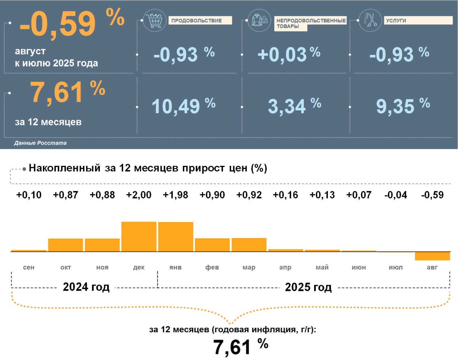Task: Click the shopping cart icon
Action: pyautogui.click(x=154, y=21)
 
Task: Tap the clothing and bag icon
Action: pyautogui.click(x=259, y=20)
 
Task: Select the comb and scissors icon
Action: pyautogui.click(x=370, y=20)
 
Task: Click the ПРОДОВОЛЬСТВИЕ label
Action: pyautogui.click(x=197, y=21)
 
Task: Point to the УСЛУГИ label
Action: pyautogui.click(x=396, y=21)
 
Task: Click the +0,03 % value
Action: pyautogui.click(x=289, y=54)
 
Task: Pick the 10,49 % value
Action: pyautogui.click(x=183, y=106)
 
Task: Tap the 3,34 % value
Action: pyautogui.click(x=294, y=106)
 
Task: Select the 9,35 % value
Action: pyautogui.click(x=402, y=106)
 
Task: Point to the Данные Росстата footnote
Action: pyautogui.click(x=40, y=143)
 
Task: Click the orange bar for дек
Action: pyautogui.click(x=139, y=236)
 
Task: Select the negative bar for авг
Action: pyautogui.click(x=432, y=256)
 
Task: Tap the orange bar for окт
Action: pyautogui.click(x=66, y=245)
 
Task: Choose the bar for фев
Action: pyautogui.click(x=212, y=245)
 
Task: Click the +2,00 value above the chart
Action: pyautogui.click(x=139, y=195)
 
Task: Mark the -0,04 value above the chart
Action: pyautogui.click(x=396, y=195)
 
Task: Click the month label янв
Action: pyautogui.click(x=175, y=267)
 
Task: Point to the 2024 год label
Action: pyautogui.click(x=86, y=287)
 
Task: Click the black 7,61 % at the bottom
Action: pyautogui.click(x=240, y=347)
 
